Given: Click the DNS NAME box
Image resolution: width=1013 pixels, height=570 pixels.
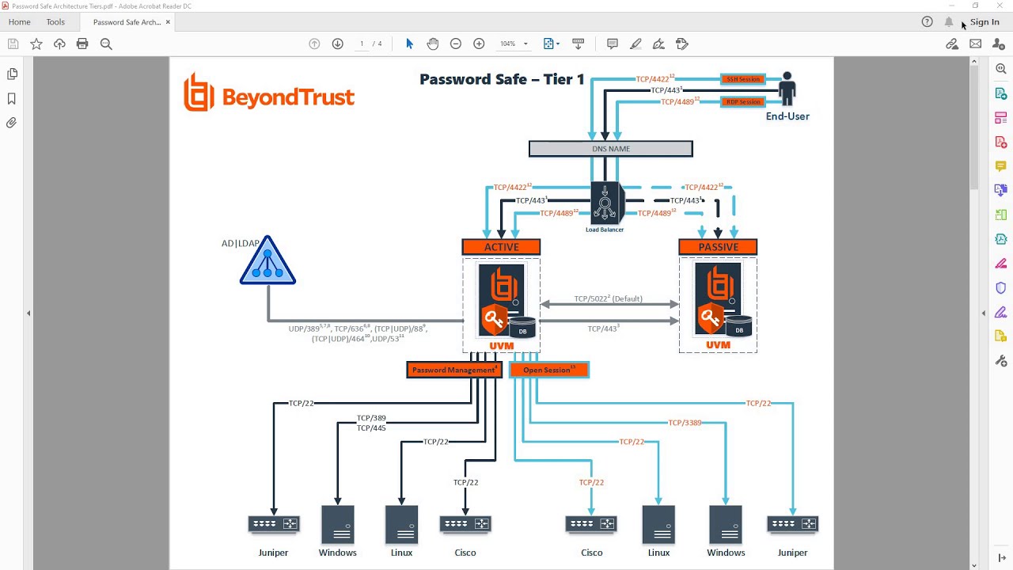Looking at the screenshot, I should (x=610, y=149).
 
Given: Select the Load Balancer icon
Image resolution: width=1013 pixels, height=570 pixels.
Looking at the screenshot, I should (x=605, y=203).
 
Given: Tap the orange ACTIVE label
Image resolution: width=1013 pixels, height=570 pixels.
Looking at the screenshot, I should (x=501, y=247).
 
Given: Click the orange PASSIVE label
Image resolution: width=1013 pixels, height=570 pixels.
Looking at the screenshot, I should (x=718, y=247).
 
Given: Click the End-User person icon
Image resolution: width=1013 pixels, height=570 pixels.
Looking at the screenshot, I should (x=787, y=89).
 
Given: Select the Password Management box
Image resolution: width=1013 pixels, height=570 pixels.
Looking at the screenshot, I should (x=454, y=370).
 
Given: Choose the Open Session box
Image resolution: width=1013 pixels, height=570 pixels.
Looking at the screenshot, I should (x=549, y=370).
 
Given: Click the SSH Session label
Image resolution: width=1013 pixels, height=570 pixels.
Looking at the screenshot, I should (x=742, y=79).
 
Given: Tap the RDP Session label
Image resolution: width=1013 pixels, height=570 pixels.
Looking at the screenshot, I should (x=742, y=101).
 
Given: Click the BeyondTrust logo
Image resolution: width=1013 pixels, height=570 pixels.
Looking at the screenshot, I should (x=269, y=93).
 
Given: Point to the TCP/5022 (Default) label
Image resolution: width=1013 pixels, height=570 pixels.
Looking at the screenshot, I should (x=608, y=299).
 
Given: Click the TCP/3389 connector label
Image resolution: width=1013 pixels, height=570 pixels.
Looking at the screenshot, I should (x=685, y=423).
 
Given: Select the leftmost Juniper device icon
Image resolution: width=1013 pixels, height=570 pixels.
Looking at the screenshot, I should (x=274, y=524).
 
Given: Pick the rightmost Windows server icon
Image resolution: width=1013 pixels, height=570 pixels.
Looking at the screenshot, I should (x=726, y=524).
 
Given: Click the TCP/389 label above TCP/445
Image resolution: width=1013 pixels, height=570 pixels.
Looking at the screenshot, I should (x=371, y=418).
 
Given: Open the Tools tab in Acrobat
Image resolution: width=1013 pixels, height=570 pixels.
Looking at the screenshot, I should (x=55, y=22).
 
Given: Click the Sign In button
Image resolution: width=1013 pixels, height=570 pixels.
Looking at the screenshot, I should (x=985, y=22).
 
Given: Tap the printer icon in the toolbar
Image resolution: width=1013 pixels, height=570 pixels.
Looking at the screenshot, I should (x=82, y=44).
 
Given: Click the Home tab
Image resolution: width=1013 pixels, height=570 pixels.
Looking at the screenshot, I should (x=19, y=22).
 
